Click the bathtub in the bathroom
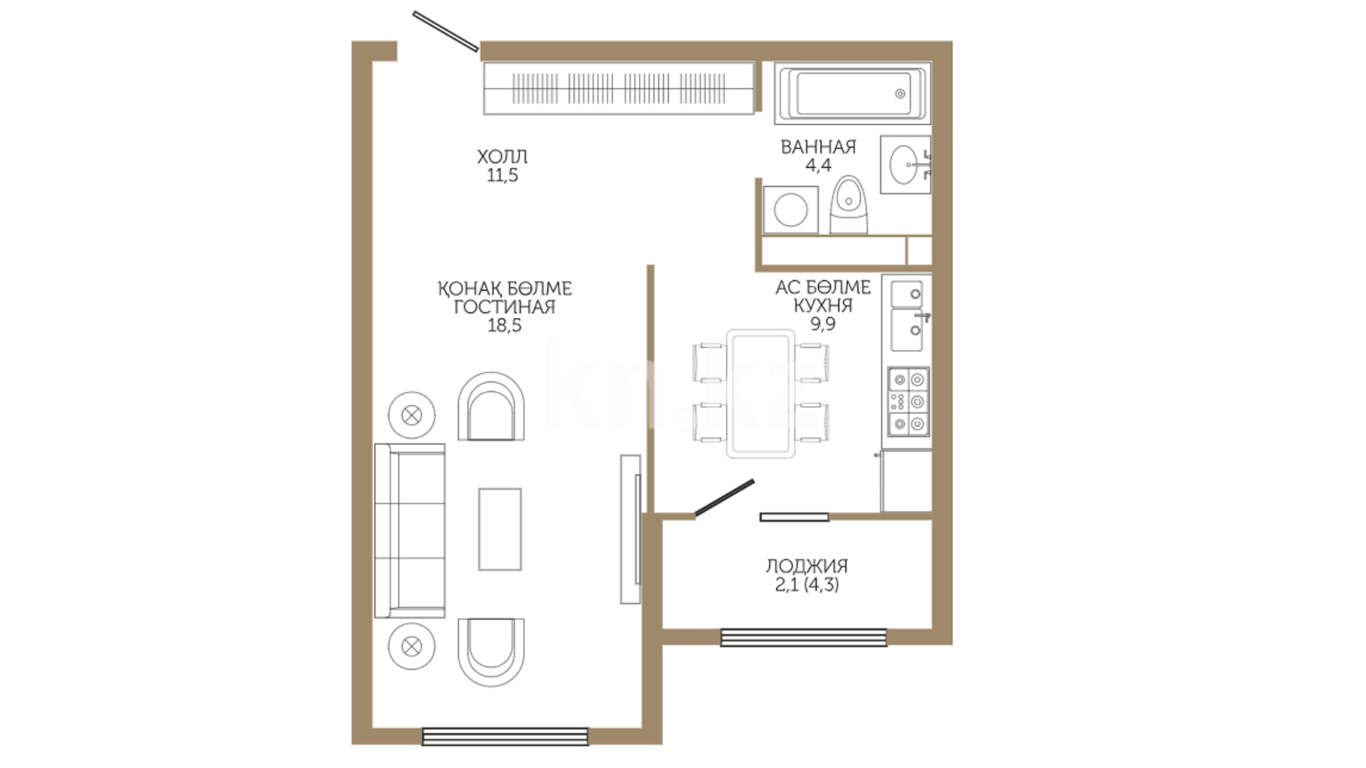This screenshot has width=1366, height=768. click(x=852, y=93)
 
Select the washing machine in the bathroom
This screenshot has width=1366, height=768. click(x=790, y=210)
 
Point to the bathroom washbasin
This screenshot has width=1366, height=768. click(x=905, y=165)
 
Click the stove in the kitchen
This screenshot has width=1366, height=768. click(x=909, y=401)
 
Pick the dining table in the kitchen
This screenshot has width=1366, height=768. click(x=761, y=393)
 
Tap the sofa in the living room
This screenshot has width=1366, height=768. click(x=410, y=530)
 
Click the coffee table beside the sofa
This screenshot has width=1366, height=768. click(x=499, y=529)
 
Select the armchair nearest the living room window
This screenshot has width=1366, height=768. click(x=491, y=652)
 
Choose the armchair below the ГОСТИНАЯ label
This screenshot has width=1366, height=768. click(x=491, y=406)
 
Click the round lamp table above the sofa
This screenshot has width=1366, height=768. click(x=412, y=415)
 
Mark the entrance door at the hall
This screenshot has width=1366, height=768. click(x=446, y=31)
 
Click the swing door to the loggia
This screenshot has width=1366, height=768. click(x=724, y=498)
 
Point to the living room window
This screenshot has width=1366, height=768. click(x=505, y=736)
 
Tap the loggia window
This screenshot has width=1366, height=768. click(x=804, y=637)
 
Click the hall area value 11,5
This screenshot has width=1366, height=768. click(x=502, y=176)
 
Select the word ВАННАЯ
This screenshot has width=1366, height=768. click(x=818, y=147)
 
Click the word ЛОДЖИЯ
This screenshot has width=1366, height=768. click(x=807, y=566)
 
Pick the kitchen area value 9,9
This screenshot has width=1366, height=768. click(x=823, y=324)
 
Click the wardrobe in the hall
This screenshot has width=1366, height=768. click(x=618, y=89)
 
